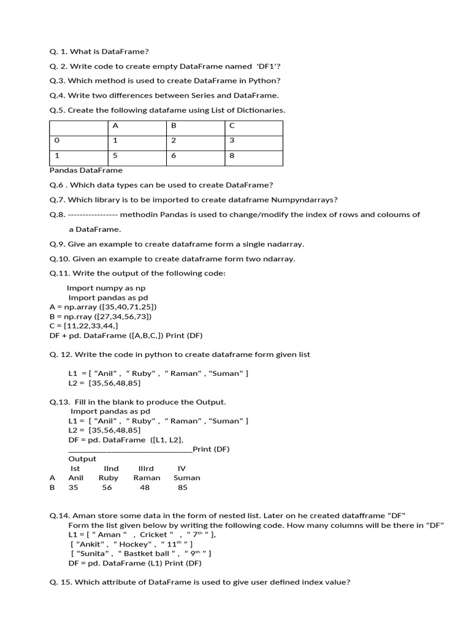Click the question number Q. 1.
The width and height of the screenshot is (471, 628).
59,52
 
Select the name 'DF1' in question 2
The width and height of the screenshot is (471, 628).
266,66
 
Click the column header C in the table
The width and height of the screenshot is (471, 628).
231,126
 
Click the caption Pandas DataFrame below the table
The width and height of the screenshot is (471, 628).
86,170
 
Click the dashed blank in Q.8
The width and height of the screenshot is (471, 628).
92,215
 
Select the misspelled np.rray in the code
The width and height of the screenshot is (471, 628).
80,316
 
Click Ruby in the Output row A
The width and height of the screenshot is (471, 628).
109,478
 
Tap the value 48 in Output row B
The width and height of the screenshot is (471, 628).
145,488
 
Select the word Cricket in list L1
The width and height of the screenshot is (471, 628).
153,535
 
